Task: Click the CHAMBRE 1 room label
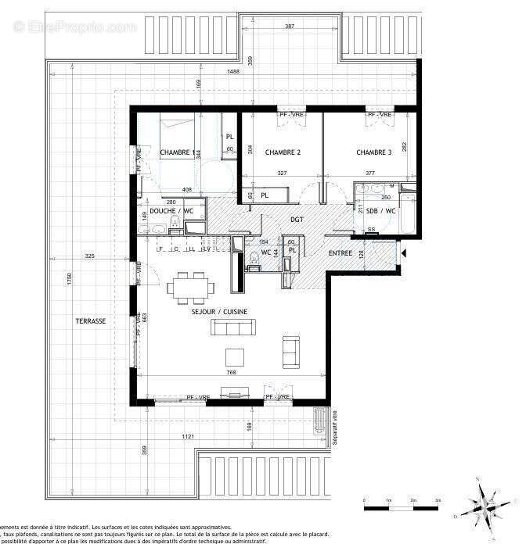176,152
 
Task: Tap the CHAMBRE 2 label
283,152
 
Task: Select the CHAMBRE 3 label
374,152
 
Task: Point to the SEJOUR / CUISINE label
219,312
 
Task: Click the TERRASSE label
90,321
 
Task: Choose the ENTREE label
340,253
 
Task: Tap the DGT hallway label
297,220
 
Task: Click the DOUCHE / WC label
171,212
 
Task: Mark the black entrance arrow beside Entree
403,253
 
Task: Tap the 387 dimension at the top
290,27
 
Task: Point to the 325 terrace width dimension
90,256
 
